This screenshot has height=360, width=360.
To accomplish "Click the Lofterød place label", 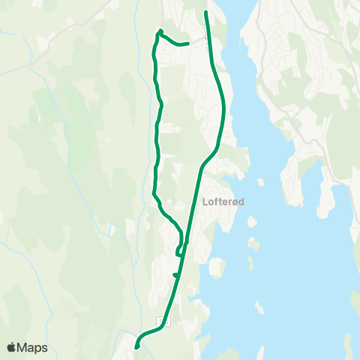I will click(224, 201).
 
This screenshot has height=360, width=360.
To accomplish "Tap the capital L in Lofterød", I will click(205, 201).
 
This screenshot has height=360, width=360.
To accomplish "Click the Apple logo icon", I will click(11, 347).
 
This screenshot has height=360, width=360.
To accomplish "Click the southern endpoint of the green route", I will click(136, 346).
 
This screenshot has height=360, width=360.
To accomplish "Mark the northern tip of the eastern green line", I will click(206, 12).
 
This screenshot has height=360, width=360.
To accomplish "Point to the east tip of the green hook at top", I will click(186, 43).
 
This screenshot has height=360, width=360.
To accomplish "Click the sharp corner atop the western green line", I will click(160, 31).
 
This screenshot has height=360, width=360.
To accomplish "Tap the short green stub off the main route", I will click(175, 275).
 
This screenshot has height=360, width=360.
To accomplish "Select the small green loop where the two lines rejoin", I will click(181, 248).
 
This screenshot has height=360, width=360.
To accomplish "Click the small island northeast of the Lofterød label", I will click(261, 182).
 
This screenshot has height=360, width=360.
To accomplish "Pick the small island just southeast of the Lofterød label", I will click(251, 222).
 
